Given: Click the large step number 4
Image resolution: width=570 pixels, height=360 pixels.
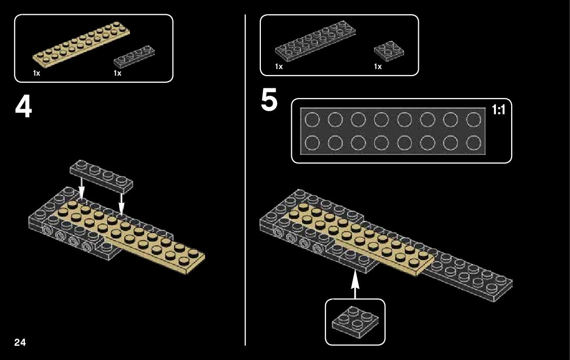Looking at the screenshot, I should pos(23,107).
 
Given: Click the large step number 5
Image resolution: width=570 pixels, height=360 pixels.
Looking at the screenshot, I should pos(269,100).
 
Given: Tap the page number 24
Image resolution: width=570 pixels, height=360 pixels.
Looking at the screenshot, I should pos(20,342).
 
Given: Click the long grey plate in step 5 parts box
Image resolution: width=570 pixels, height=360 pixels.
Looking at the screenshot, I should pos(315,41).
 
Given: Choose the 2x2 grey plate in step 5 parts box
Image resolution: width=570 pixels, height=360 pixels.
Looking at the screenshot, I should pos(389,50).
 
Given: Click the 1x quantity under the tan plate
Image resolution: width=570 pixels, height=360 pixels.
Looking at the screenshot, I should pos(37,73).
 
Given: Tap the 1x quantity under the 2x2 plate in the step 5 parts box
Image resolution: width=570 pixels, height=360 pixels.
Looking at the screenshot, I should pos(378,67).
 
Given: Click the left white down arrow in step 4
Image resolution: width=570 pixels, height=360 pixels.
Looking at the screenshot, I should pos(81,191).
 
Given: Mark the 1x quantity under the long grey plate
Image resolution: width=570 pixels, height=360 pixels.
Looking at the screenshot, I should pos(279,67).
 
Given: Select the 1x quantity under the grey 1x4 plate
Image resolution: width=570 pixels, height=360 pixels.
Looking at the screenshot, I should pos(118,73).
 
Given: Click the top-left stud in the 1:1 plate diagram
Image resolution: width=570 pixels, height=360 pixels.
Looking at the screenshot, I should pos(312,120).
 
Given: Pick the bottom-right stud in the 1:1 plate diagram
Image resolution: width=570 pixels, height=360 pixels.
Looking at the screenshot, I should pos(474,143).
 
